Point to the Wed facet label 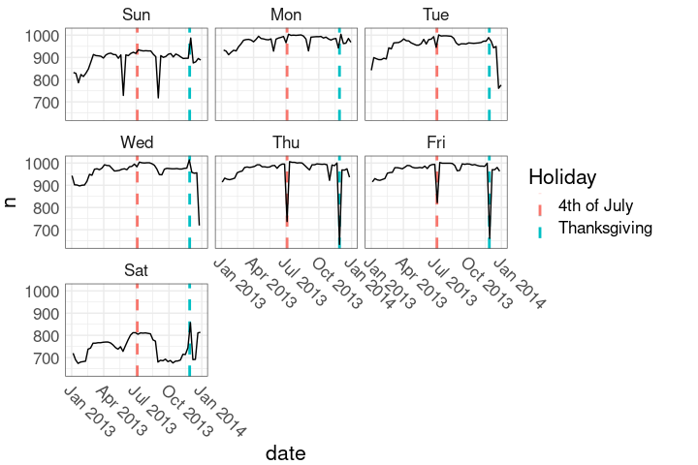click(137, 142)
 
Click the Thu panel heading click(286, 142)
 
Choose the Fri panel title click(436, 142)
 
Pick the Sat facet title click(137, 269)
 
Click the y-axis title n click(12, 201)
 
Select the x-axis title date click(286, 452)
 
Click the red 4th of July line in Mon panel click(287, 77)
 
